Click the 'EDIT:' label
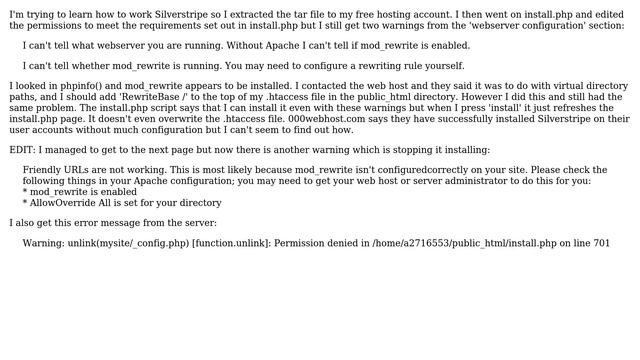(x=23, y=150)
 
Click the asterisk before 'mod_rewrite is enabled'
(x=25, y=192)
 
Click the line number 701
(x=601, y=243)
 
